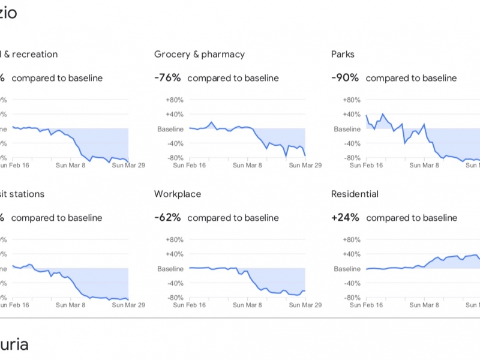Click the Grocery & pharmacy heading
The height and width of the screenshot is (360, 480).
pyautogui.click(x=199, y=54)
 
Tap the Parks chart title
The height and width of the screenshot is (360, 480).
pyautogui.click(x=343, y=54)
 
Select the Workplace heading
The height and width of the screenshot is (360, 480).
pyautogui.click(x=178, y=194)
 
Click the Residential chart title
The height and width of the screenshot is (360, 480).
pyautogui.click(x=355, y=194)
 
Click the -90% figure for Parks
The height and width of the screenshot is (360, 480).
pyautogui.click(x=345, y=78)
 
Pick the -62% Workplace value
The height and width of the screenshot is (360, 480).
pyautogui.click(x=167, y=218)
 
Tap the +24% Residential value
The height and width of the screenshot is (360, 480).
pyautogui.click(x=345, y=218)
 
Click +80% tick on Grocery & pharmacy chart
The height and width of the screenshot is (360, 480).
pyautogui.click(x=174, y=100)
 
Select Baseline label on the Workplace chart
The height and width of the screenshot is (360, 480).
pyautogui.click(x=170, y=269)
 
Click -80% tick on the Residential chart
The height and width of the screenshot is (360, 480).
pyautogui.click(x=352, y=298)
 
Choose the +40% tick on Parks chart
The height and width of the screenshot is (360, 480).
pyautogui.click(x=352, y=115)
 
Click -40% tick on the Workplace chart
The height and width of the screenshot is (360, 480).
pyautogui.click(x=175, y=283)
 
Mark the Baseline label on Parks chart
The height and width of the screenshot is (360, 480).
pyautogui.click(x=347, y=129)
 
